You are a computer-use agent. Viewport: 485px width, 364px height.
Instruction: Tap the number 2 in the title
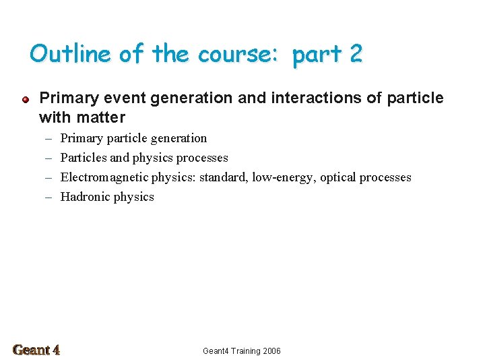(356, 53)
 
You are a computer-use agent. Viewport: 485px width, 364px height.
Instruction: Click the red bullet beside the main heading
(24, 99)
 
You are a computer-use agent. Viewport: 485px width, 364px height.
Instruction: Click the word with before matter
(55, 118)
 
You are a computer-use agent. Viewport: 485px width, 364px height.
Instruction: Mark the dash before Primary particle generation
(49, 138)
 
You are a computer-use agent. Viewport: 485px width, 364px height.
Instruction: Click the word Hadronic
(85, 197)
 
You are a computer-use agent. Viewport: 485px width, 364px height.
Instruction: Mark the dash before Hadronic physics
(49, 197)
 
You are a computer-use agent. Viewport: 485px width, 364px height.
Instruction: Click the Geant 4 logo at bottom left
(36, 350)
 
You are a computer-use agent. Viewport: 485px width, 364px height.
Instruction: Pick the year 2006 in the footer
(271, 351)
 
